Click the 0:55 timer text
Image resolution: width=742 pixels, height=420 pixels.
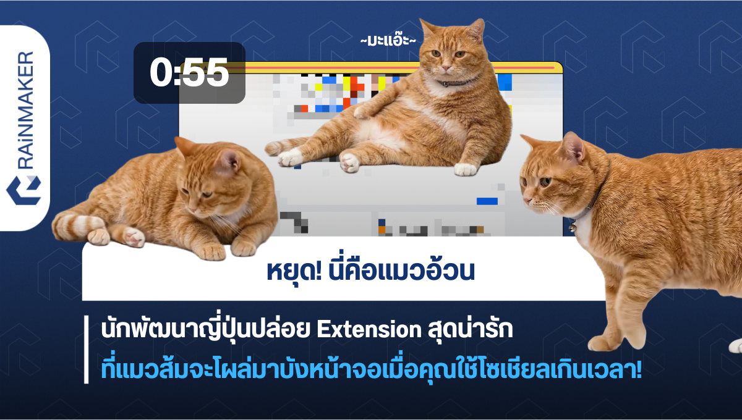pos(189,72)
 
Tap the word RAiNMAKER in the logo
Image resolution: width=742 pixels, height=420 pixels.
pos(25,110)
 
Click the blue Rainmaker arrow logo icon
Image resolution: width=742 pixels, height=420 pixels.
pos(23,190)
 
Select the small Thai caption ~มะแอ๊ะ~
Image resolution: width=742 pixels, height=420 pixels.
pos(388,40)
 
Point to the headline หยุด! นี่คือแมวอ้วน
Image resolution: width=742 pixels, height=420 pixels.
pos(370,271)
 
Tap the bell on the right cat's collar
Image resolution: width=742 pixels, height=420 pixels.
pos(572,228)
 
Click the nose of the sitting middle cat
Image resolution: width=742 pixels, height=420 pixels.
pos(446,68)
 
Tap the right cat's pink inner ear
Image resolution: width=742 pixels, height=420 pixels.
pos(574,148)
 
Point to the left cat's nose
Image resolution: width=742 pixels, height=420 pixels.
pos(192,210)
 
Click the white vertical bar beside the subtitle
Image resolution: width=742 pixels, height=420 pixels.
pos(87,350)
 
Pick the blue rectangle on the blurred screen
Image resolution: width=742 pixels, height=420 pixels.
pos(487,201)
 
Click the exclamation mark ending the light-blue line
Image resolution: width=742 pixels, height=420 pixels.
pos(639,370)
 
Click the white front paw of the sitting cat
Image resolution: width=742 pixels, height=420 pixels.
pos(466,169)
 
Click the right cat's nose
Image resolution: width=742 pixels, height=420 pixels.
pos(527,200)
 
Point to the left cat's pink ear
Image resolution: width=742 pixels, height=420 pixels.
pos(229,161)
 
